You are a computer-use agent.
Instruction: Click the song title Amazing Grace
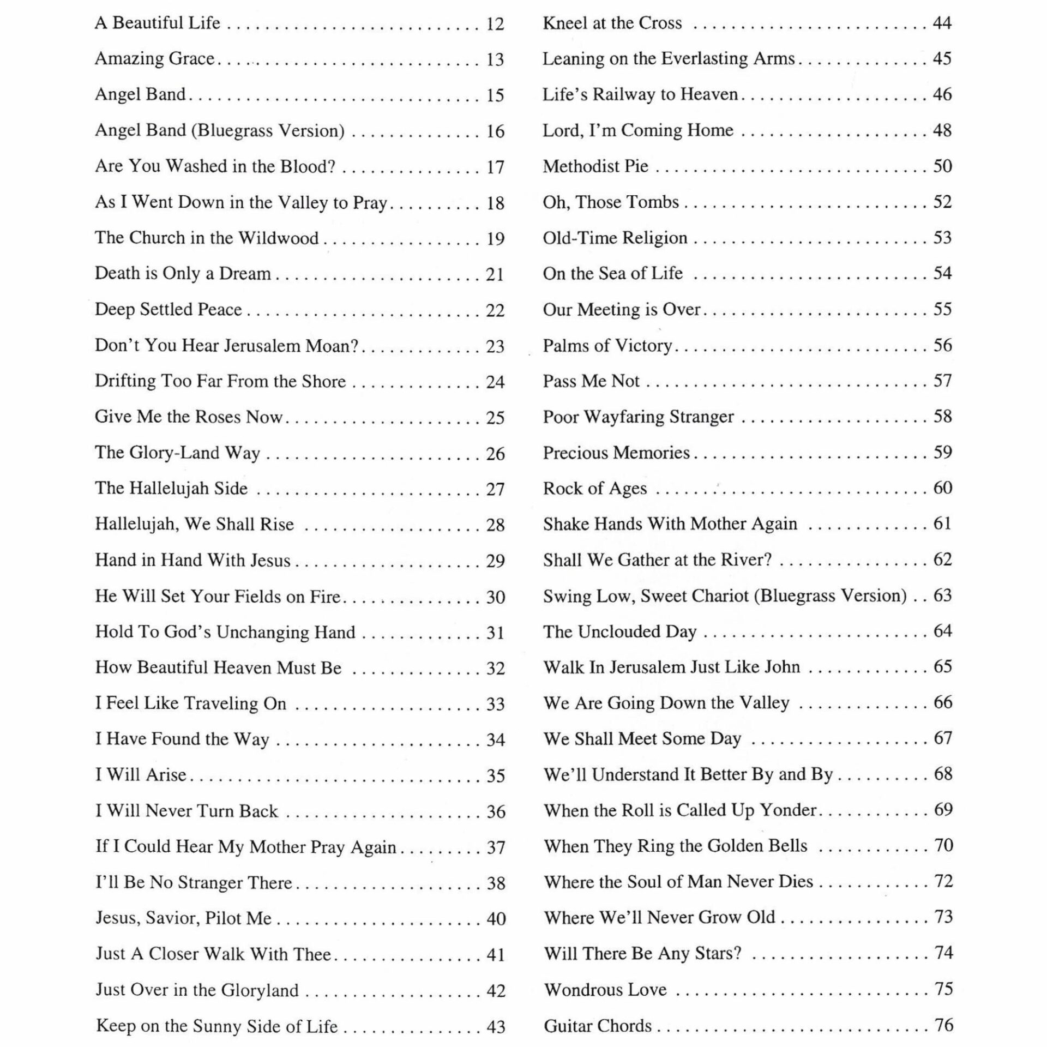pyautogui.click(x=154, y=58)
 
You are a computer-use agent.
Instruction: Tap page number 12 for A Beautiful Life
pyautogui.click(x=495, y=24)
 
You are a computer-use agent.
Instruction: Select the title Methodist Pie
pyautogui.click(x=595, y=166)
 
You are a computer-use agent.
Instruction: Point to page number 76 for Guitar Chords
pyautogui.click(x=943, y=1025)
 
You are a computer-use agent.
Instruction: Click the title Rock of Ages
pyautogui.click(x=594, y=489)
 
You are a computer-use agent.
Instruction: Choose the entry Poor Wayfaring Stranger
pyautogui.click(x=638, y=417)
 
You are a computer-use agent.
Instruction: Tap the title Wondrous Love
pyautogui.click(x=605, y=990)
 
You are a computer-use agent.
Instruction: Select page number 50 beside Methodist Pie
pyautogui.click(x=942, y=166)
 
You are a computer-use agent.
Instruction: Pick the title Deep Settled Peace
pyautogui.click(x=168, y=309)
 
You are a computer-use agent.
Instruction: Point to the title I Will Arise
pyautogui.click(x=141, y=775)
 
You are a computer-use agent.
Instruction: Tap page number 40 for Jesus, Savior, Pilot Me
pyautogui.click(x=496, y=919)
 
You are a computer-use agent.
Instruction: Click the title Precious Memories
pyautogui.click(x=616, y=453)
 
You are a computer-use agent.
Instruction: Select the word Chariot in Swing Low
pyautogui.click(x=720, y=595)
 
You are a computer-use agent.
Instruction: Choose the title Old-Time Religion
pyautogui.click(x=615, y=238)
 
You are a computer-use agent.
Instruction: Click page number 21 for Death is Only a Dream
pyautogui.click(x=495, y=274)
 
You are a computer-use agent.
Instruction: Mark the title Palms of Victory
pyautogui.click(x=607, y=346)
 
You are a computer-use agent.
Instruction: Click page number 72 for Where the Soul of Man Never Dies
pyautogui.click(x=943, y=882)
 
